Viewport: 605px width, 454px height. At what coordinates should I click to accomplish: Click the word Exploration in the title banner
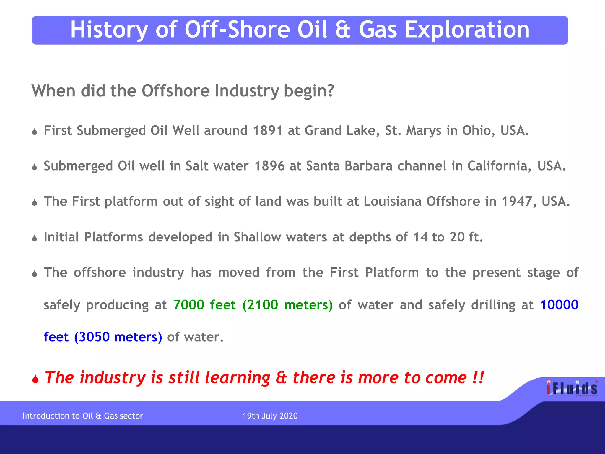(x=467, y=30)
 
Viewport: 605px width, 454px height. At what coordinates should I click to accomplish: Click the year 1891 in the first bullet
(x=268, y=131)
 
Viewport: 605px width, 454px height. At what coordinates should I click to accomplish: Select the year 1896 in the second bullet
(x=269, y=166)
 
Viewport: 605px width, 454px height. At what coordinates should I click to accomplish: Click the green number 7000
(x=188, y=305)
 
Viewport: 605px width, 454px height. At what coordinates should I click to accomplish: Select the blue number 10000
(x=559, y=305)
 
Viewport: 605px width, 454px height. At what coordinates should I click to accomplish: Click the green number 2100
(x=262, y=305)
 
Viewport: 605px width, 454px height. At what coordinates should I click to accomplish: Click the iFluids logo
(x=572, y=388)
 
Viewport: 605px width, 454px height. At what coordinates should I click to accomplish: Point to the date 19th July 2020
(x=270, y=416)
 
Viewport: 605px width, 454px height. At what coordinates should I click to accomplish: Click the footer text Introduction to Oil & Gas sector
(x=83, y=416)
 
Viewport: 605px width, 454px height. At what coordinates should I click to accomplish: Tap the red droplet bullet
(x=35, y=379)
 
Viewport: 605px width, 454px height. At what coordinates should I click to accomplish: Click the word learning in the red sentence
(x=237, y=378)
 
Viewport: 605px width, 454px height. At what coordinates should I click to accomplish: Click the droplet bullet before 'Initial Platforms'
(x=35, y=238)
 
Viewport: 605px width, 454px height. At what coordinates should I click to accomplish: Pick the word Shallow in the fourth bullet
(x=257, y=237)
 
